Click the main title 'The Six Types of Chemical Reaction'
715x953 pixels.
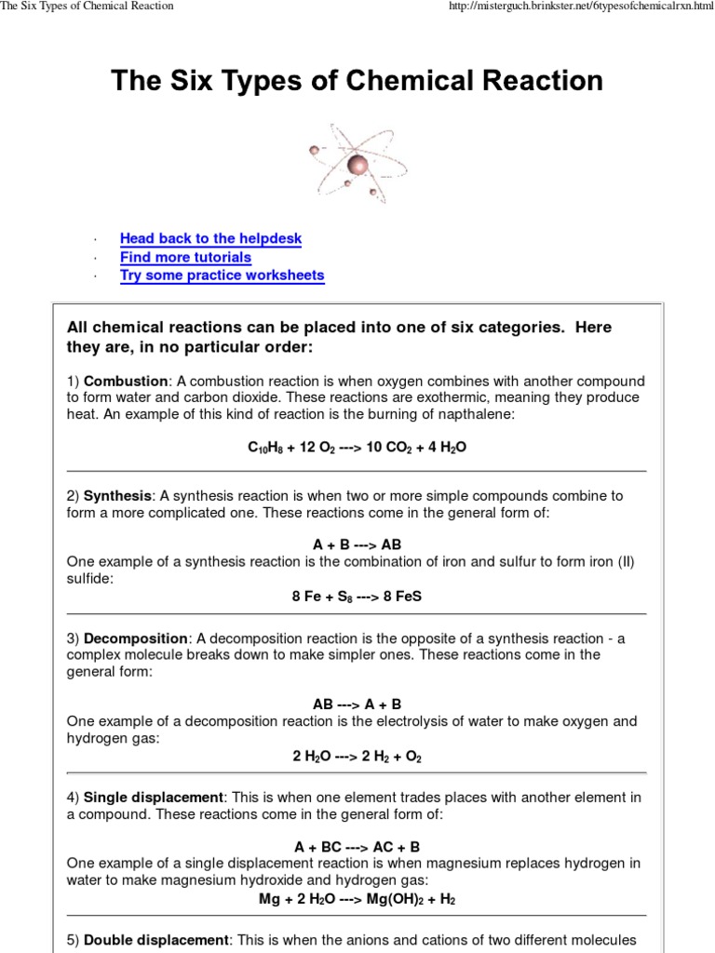[357, 81]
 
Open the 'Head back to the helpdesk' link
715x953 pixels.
[210, 239]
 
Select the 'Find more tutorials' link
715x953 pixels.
[185, 257]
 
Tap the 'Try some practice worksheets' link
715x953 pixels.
[222, 275]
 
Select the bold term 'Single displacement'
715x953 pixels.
[154, 798]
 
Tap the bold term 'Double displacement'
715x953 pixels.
[155, 940]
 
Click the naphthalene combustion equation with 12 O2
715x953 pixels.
[357, 448]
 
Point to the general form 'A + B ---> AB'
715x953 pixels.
[357, 544]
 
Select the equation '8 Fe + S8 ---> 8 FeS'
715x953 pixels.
[357, 596]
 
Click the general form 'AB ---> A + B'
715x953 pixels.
[357, 705]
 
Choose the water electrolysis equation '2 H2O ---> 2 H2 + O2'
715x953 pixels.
[357, 757]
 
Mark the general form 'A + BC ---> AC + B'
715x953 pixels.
[357, 847]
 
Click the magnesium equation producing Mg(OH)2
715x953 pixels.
[357, 900]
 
